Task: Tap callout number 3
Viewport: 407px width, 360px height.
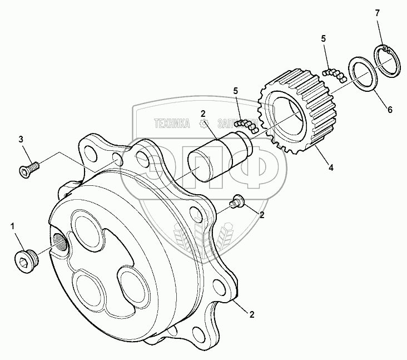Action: click(21, 139)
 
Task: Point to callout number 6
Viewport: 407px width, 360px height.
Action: click(390, 110)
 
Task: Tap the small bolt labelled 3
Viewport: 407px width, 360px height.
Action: click(27, 169)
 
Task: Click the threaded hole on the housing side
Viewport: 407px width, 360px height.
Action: click(59, 241)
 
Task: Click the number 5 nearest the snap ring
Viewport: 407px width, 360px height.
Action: click(323, 38)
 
